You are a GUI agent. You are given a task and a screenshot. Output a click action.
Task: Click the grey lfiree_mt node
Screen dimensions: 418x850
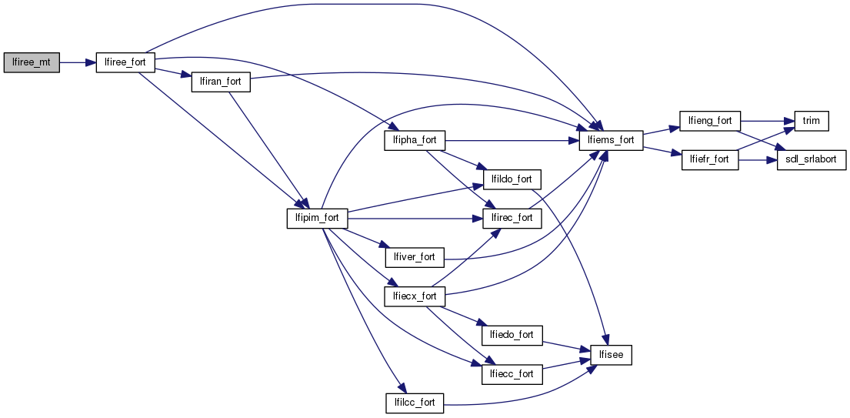pyautogui.click(x=32, y=63)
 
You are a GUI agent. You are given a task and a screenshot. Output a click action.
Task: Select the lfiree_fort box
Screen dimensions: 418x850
pyautogui.click(x=125, y=63)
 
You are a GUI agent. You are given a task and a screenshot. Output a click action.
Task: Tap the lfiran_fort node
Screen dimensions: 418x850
pyautogui.click(x=221, y=82)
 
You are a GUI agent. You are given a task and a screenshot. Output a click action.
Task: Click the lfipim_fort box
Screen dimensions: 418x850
pyautogui.click(x=317, y=218)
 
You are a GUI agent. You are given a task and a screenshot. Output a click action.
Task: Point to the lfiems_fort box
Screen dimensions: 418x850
pyautogui.click(x=611, y=140)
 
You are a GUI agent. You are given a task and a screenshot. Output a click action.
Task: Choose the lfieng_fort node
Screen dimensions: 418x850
pyautogui.click(x=709, y=121)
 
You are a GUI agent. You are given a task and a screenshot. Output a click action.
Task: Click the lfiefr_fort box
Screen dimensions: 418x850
pyautogui.click(x=709, y=160)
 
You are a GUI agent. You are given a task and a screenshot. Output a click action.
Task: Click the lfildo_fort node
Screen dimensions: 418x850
pyautogui.click(x=512, y=179)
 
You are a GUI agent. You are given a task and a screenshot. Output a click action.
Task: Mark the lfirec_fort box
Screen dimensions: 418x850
pyautogui.click(x=512, y=218)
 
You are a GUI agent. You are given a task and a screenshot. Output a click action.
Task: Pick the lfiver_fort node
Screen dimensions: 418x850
pyautogui.click(x=414, y=256)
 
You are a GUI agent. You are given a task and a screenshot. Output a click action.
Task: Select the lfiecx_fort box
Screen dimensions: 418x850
pyautogui.click(x=414, y=296)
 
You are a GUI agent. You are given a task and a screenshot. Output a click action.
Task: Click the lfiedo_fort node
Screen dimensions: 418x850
pyautogui.click(x=512, y=335)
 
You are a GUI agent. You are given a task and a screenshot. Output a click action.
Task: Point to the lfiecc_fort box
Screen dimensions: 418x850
pyautogui.click(x=512, y=374)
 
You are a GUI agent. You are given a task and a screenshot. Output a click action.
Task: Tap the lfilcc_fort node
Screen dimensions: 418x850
pyautogui.click(x=414, y=402)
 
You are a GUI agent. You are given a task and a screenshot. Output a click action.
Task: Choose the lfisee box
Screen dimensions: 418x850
pyautogui.click(x=611, y=355)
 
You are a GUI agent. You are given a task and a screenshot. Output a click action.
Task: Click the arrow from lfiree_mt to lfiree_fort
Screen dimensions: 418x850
pyautogui.click(x=77, y=63)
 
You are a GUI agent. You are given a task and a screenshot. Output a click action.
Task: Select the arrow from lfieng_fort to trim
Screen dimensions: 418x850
pyautogui.click(x=762, y=121)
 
